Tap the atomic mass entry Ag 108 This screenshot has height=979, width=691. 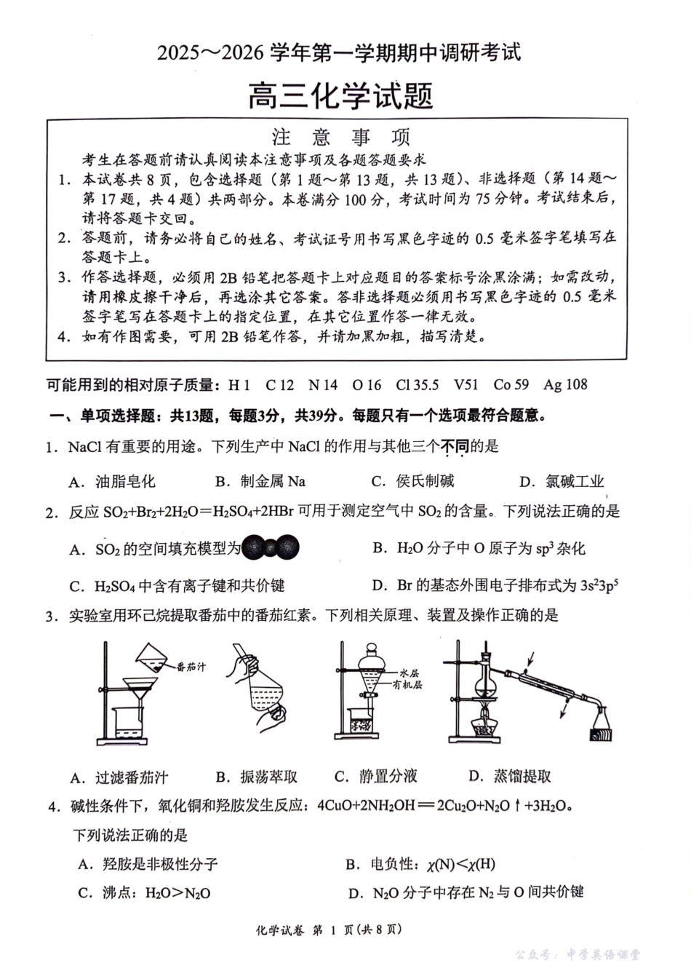565,385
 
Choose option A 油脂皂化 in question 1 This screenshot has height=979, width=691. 112,481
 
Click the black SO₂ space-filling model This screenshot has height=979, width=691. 270,548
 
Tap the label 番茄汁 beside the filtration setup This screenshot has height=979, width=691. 191,666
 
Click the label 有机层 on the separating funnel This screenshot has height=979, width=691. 407,685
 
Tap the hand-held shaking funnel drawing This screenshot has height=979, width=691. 261,684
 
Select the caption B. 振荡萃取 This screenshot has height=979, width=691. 257,777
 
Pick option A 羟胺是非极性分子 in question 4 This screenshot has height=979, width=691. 148,864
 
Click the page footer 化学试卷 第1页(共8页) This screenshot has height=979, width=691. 329,930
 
